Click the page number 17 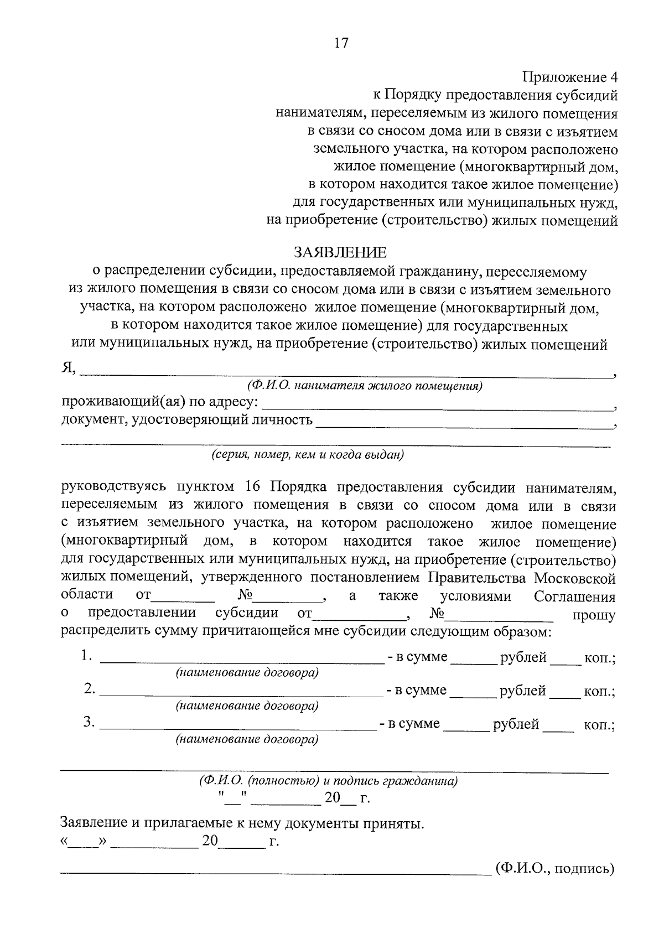tap(341, 43)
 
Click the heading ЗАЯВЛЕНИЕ tap(340, 253)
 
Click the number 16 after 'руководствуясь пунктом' tap(252, 487)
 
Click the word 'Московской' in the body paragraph tap(575, 579)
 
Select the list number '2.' tap(90, 689)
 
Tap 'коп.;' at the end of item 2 tap(600, 692)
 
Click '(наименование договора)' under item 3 tap(247, 739)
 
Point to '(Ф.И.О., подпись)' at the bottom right tap(555, 868)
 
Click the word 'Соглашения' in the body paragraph tap(574, 597)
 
